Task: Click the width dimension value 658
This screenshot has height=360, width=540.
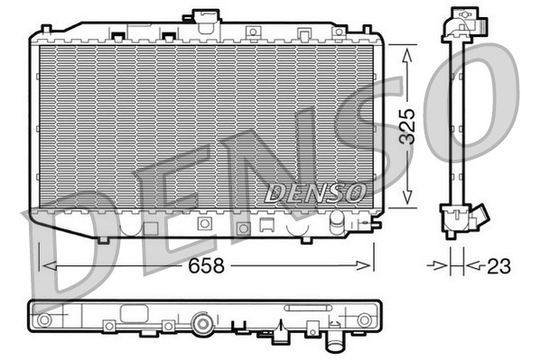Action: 206,265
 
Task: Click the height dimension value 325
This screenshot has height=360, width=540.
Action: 407,126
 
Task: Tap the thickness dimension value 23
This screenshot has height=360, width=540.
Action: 498,266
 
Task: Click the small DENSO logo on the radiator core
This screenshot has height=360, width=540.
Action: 315,192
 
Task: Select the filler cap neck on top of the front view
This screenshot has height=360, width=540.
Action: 207,21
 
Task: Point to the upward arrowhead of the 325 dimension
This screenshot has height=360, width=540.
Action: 407,55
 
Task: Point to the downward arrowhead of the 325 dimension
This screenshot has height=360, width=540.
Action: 407,198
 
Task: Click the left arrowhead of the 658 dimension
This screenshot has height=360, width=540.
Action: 49,265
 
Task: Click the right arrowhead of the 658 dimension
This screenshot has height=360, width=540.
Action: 364,265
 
